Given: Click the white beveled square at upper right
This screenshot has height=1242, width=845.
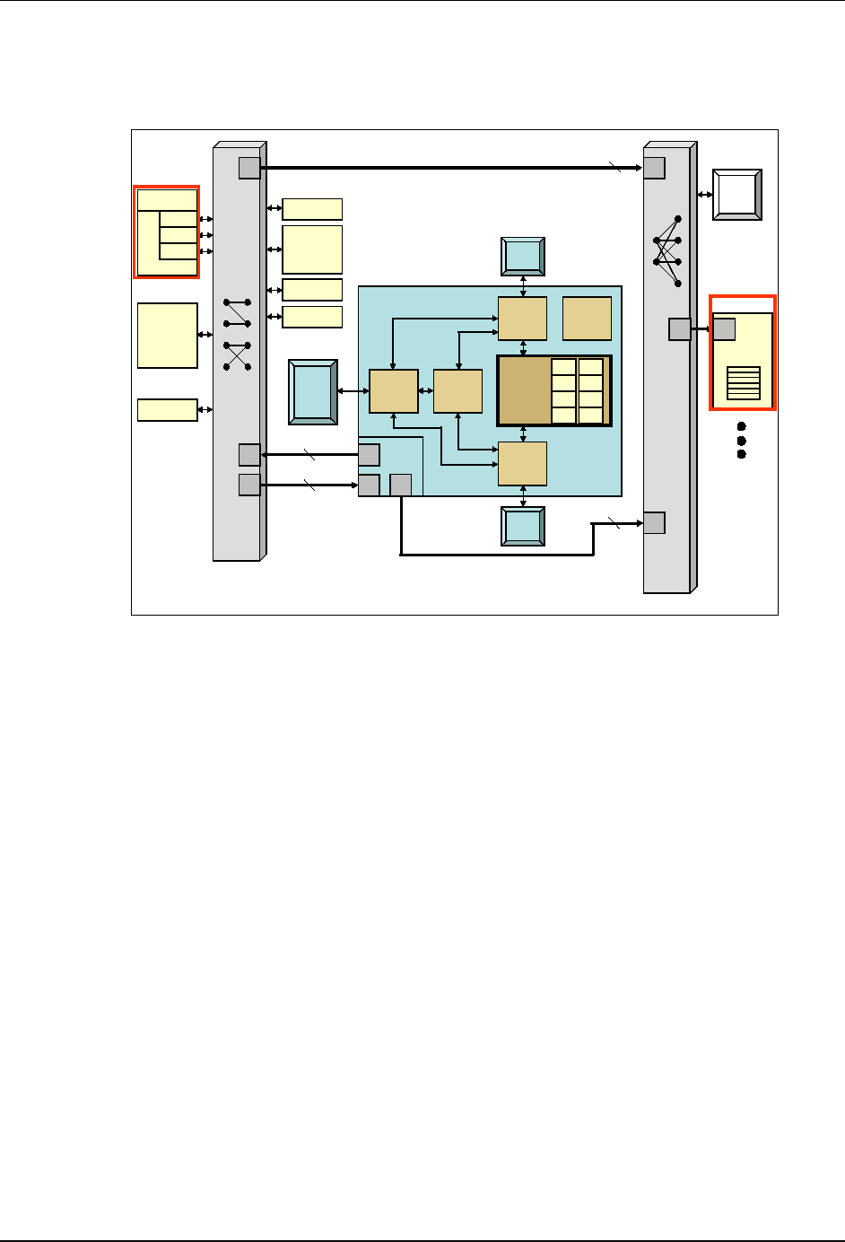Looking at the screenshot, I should pyautogui.click(x=736, y=194).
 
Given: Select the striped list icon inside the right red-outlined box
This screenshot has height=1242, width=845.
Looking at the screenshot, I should pyautogui.click(x=744, y=383).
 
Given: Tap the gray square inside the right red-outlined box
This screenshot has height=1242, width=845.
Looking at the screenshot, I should pyautogui.click(x=725, y=329).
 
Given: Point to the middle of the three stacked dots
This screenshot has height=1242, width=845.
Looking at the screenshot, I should pyautogui.click(x=742, y=440).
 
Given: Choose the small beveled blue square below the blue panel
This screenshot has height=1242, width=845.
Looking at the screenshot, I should pyautogui.click(x=523, y=526).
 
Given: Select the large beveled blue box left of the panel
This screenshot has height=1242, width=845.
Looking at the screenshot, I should pyautogui.click(x=312, y=391).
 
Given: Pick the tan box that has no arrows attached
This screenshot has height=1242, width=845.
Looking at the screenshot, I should pyautogui.click(x=587, y=319).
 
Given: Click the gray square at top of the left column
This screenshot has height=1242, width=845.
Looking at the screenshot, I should pyautogui.click(x=249, y=168).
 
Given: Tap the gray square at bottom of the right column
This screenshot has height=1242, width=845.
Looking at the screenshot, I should pyautogui.click(x=654, y=522).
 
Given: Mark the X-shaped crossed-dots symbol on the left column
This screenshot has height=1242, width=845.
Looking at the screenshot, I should pyautogui.click(x=237, y=356).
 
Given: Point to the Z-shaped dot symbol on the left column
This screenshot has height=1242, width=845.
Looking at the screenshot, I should pyautogui.click(x=237, y=313).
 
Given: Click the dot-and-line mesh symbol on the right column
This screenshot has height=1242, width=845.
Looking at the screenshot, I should pyautogui.click(x=666, y=251).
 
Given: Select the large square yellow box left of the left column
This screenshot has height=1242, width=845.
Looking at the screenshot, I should pyautogui.click(x=168, y=335).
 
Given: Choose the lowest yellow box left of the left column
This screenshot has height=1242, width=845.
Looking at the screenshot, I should pyautogui.click(x=168, y=409).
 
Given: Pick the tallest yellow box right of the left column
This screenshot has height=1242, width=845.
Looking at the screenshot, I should pyautogui.click(x=312, y=249).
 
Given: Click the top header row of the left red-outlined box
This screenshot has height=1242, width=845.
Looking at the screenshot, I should pyautogui.click(x=168, y=199).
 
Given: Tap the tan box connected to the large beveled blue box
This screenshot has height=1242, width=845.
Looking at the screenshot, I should pyautogui.click(x=394, y=391).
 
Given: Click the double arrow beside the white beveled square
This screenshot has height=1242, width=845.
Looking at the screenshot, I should pyautogui.click(x=704, y=194).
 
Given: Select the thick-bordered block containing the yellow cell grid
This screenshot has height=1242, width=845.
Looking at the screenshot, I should pyautogui.click(x=554, y=390).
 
